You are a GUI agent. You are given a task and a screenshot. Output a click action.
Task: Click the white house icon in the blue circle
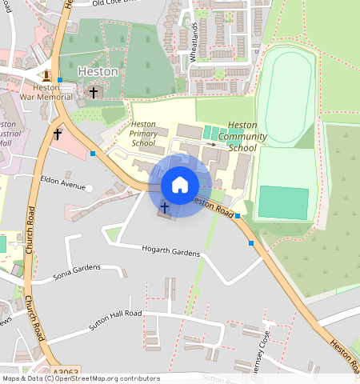click(180, 185)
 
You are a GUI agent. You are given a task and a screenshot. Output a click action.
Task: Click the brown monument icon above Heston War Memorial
click(46, 76)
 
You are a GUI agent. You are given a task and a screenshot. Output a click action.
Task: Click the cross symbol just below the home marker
click(164, 208)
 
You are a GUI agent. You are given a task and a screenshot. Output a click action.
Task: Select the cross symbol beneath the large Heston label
click(93, 94)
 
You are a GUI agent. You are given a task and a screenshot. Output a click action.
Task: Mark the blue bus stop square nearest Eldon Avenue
click(94, 154)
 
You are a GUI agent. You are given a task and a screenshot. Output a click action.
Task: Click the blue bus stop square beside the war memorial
click(60, 80)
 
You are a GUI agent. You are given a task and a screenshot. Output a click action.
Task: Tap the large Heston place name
click(98, 71)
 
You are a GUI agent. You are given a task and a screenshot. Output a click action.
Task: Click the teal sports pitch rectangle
click(283, 202)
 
